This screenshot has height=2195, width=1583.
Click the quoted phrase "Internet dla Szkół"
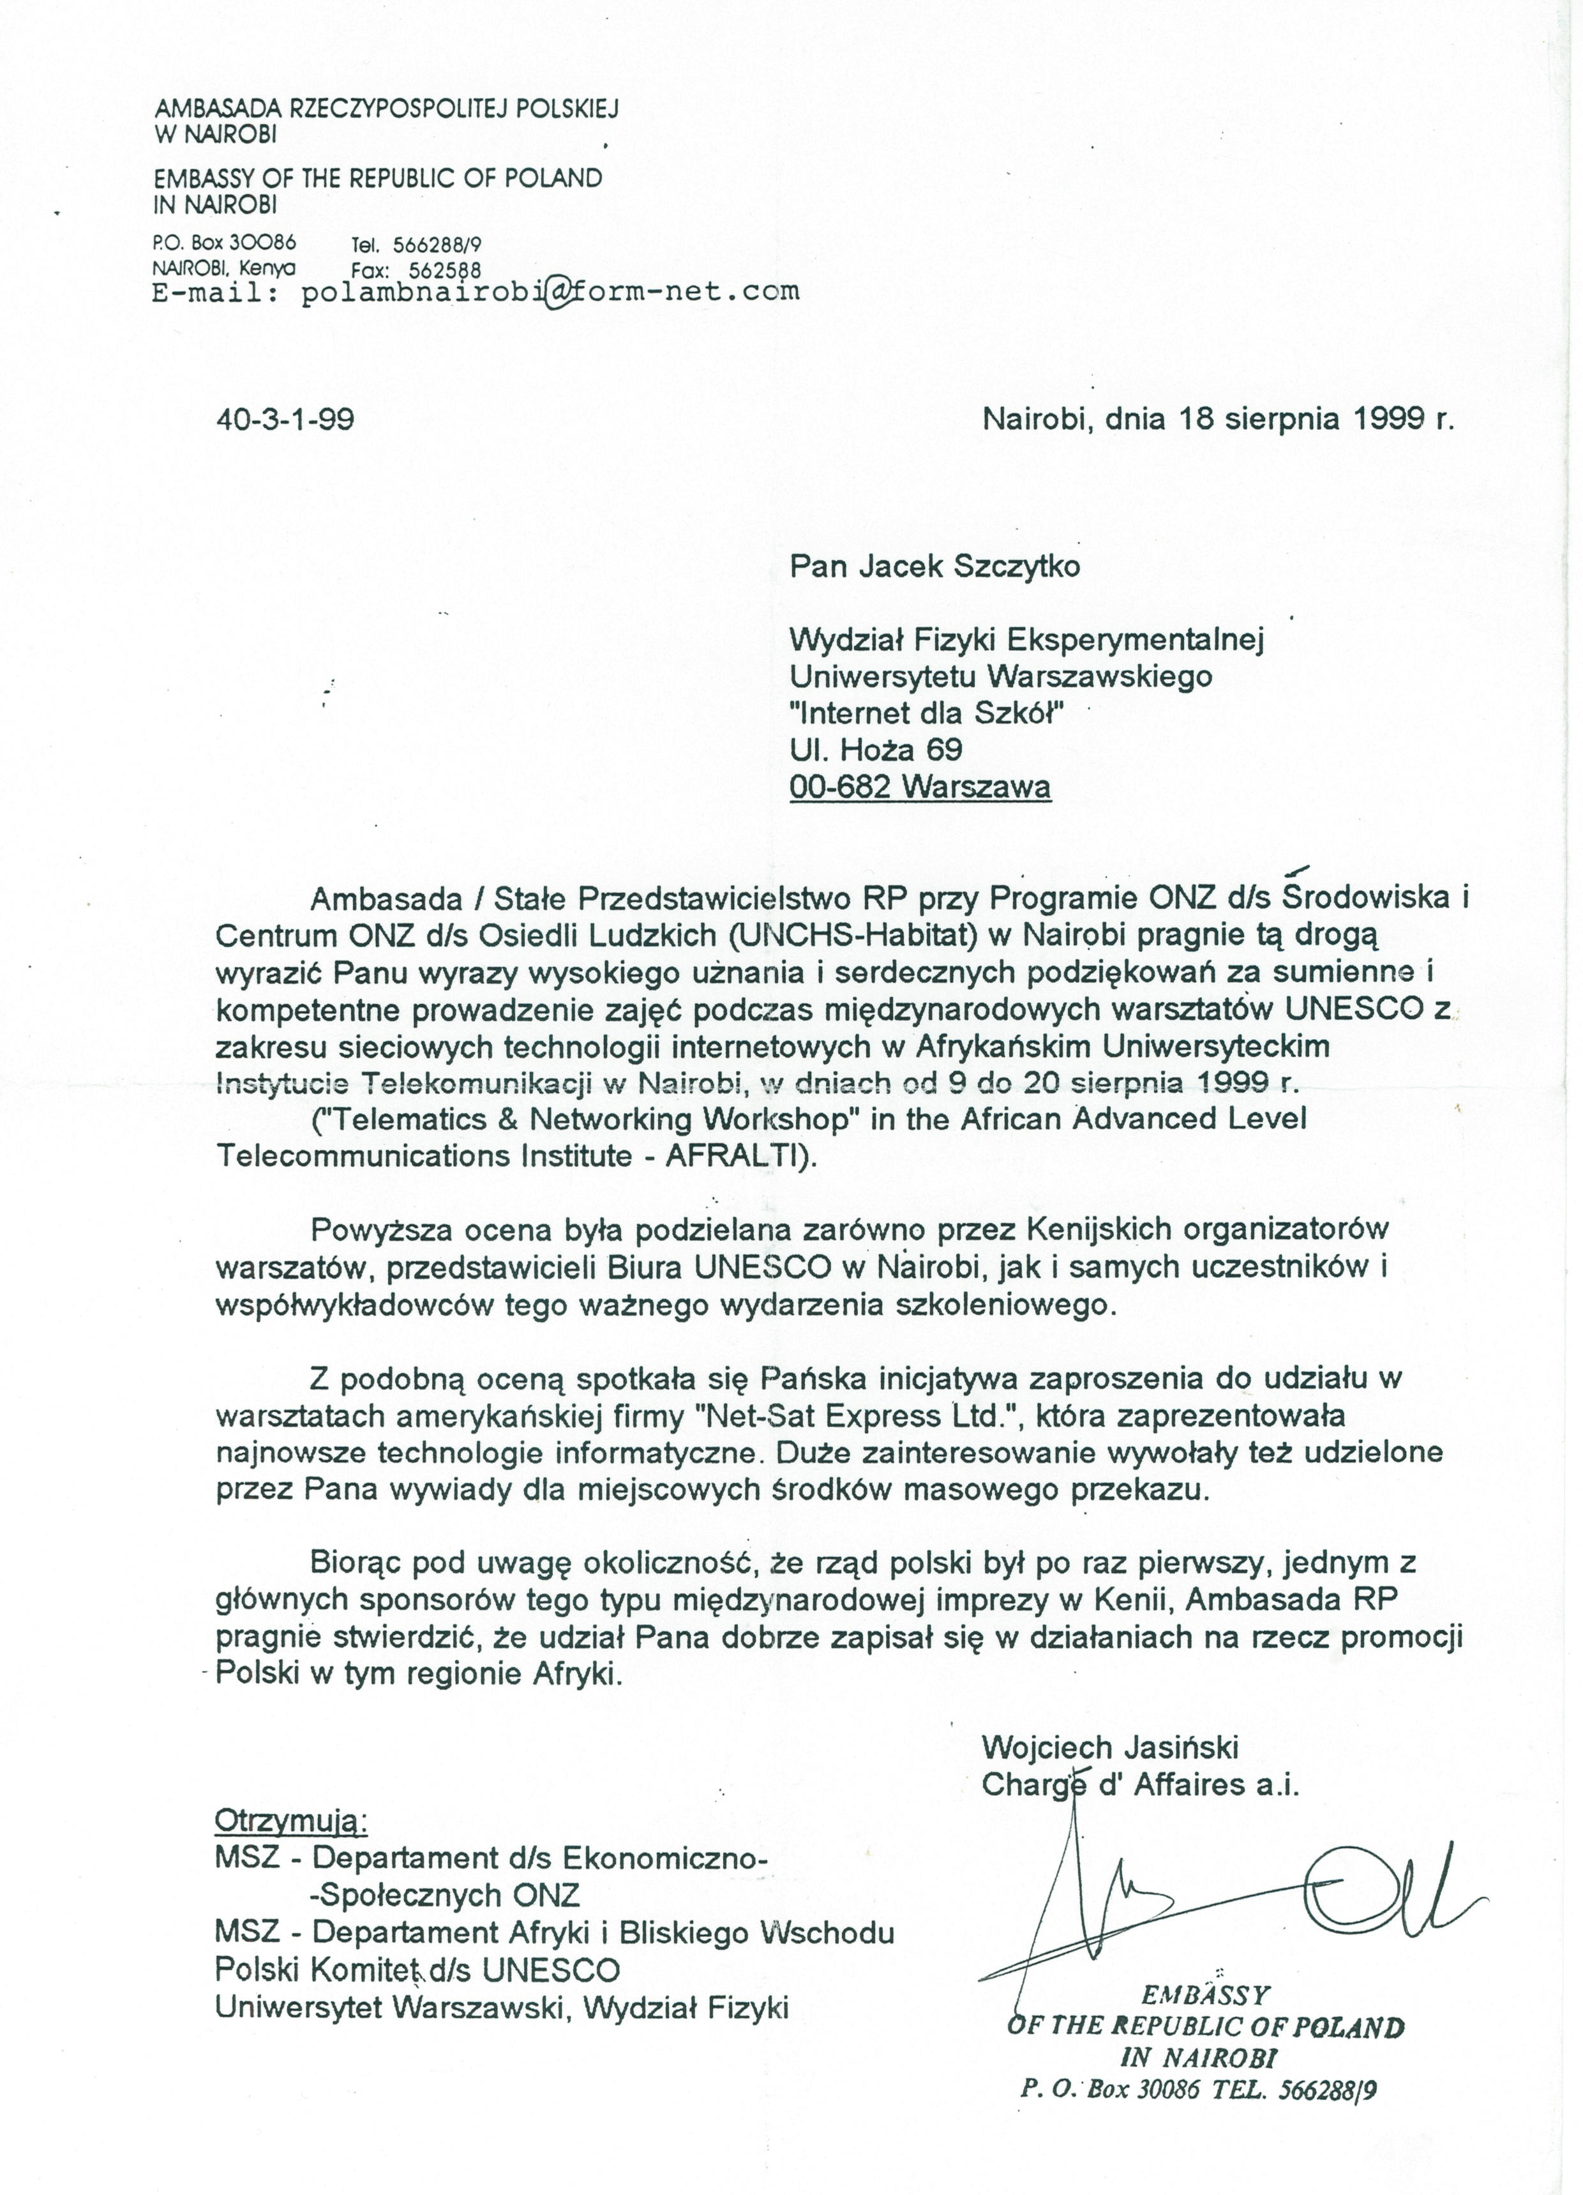coord(927,713)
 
